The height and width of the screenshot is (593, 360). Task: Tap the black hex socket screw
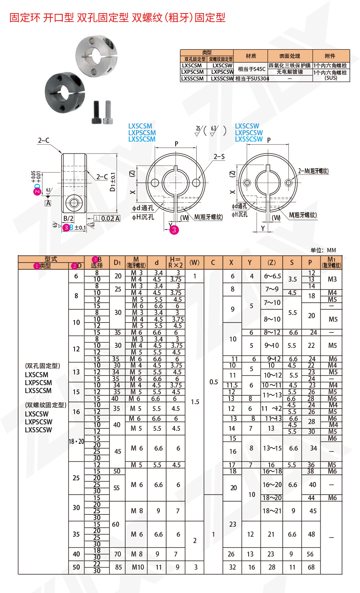point(96,112)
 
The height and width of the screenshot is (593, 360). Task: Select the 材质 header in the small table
point(251,56)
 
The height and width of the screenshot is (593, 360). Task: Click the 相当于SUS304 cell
point(252,79)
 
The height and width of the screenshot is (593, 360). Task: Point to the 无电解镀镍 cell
point(289,72)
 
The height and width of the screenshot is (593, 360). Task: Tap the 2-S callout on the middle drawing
point(219,157)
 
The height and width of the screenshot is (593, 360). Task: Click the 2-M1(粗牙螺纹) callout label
point(313,171)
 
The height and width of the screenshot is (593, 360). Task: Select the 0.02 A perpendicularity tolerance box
point(107,218)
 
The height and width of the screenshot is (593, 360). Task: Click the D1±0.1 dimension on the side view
point(113,182)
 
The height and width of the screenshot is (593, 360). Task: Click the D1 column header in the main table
point(117,263)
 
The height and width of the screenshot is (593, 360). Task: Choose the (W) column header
point(194,263)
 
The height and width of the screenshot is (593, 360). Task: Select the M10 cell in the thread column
point(138,567)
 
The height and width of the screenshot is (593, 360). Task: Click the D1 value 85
point(118,567)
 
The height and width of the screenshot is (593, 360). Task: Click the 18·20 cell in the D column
point(76,441)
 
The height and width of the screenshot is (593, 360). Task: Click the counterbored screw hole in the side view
point(74,203)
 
